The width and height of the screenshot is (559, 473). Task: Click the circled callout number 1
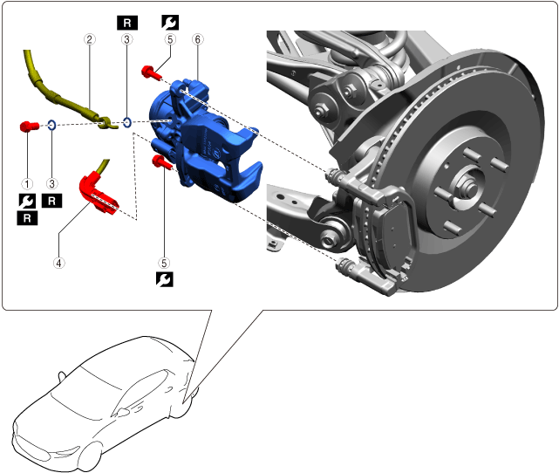[27, 184]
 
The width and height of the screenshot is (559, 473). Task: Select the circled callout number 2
[88, 39]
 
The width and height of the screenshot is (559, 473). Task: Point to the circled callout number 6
[198, 39]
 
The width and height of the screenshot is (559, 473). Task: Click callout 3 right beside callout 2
[127, 39]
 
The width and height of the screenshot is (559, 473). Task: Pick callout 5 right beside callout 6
[169, 39]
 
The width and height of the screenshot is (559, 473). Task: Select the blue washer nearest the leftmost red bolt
[51, 126]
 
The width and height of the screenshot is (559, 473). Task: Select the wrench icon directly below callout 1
[27, 201]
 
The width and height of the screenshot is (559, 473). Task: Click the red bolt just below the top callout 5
[149, 71]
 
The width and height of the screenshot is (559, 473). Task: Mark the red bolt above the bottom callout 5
[161, 161]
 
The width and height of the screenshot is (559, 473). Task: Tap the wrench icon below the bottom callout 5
[163, 279]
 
